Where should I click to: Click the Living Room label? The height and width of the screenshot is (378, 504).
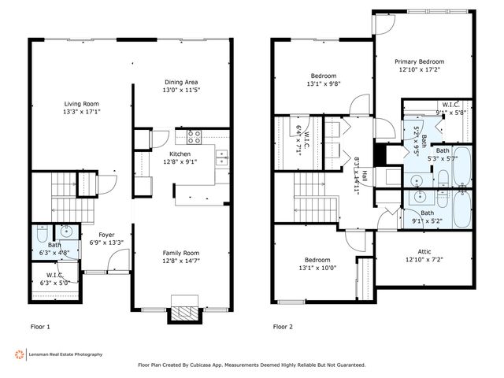click(82, 102)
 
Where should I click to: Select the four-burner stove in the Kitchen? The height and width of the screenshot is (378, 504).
click(194, 135)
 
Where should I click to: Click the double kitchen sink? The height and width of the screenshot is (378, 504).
click(222, 154)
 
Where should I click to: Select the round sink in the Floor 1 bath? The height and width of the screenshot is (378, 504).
click(67, 232)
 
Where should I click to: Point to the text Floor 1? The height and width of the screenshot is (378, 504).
click(39, 326)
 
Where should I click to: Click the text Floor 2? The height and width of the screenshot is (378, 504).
click(282, 326)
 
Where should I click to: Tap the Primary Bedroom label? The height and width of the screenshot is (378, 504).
click(419, 61)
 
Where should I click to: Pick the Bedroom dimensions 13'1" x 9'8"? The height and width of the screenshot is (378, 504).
click(322, 83)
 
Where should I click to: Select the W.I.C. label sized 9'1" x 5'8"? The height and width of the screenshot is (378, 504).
click(450, 105)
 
